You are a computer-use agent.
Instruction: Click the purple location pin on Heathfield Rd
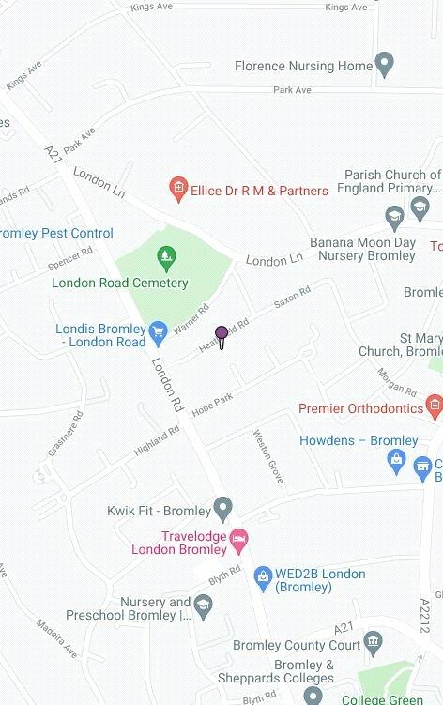coord(221,335)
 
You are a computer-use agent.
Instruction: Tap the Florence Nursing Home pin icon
coord(383,66)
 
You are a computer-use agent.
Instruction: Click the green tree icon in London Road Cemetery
coord(166,253)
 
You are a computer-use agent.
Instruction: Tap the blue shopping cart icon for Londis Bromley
coord(159,330)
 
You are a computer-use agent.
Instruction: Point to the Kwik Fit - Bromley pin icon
coord(222,511)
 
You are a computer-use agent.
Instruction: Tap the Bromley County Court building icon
coord(374,644)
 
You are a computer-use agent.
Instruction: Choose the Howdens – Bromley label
coord(359,440)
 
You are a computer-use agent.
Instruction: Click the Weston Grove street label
coord(268,457)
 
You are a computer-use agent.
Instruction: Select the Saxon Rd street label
coord(291,298)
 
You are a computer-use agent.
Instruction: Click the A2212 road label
coord(424,616)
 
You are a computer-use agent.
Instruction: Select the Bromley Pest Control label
coord(56,233)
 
